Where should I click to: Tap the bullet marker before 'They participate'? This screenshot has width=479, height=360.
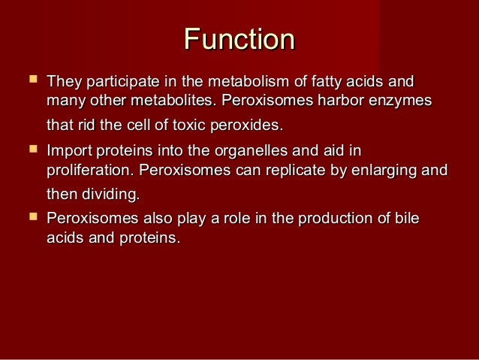pyautogui.click(x=31, y=79)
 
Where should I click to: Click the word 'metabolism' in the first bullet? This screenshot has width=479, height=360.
pyautogui.click(x=242, y=81)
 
